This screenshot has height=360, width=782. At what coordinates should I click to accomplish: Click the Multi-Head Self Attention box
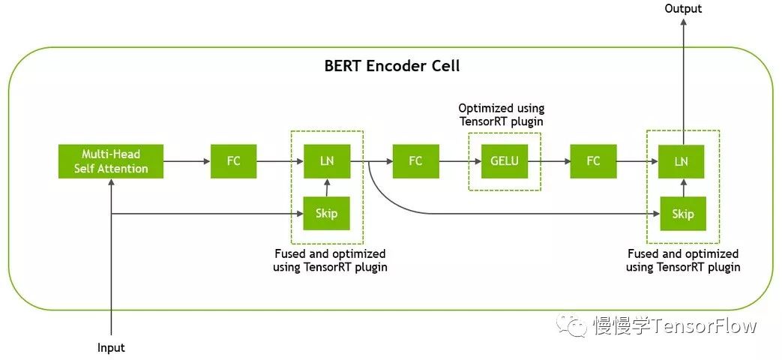pyautogui.click(x=111, y=161)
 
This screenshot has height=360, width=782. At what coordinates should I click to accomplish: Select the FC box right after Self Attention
pyautogui.click(x=233, y=160)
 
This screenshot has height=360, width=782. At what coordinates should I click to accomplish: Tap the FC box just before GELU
pyautogui.click(x=415, y=160)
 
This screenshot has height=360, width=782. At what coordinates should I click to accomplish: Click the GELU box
pyautogui.click(x=504, y=160)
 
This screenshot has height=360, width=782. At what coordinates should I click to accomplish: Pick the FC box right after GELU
pyautogui.click(x=593, y=160)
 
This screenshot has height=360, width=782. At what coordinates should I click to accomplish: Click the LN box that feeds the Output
pyautogui.click(x=682, y=160)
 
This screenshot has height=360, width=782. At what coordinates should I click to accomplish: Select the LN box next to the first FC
pyautogui.click(x=326, y=160)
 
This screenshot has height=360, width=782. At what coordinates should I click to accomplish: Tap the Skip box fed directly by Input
pyautogui.click(x=326, y=214)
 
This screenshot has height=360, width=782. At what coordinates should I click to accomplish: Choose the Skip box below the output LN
pyautogui.click(x=682, y=214)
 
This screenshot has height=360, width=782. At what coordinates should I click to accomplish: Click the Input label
pyautogui.click(x=111, y=348)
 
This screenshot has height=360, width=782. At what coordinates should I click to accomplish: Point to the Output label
pyautogui.click(x=683, y=9)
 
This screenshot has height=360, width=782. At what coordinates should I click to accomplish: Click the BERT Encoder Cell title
pyautogui.click(x=391, y=66)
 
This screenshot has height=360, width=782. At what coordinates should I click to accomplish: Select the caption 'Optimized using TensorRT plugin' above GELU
pyautogui.click(x=501, y=115)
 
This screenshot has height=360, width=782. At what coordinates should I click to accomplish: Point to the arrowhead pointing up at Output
pyautogui.click(x=682, y=24)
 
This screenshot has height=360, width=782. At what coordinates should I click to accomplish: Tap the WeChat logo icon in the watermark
pyautogui.click(x=577, y=325)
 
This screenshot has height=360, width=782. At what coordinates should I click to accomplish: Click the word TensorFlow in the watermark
pyautogui.click(x=704, y=326)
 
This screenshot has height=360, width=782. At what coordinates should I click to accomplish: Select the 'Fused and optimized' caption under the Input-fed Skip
pyautogui.click(x=330, y=260)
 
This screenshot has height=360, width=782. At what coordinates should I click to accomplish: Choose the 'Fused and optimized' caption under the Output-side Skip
pyautogui.click(x=682, y=260)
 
